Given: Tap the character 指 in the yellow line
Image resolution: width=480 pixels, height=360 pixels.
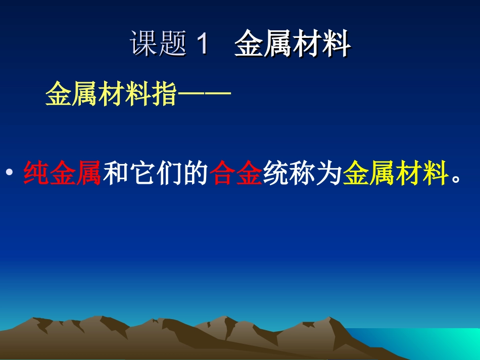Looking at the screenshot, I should tap(163, 94).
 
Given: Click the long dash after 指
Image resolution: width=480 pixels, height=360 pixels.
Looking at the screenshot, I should tap(203, 94).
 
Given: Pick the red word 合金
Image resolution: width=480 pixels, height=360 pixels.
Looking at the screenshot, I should tap(236, 174).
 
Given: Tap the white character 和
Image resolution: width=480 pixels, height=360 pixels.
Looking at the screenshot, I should tap(115, 174).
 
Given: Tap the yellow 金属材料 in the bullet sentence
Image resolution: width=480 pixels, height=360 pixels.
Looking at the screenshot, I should tap(396, 174).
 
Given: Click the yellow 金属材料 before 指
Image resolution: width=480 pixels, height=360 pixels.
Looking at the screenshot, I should tap(98, 94).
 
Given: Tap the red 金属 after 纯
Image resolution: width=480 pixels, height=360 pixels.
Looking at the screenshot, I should tap(76, 174).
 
